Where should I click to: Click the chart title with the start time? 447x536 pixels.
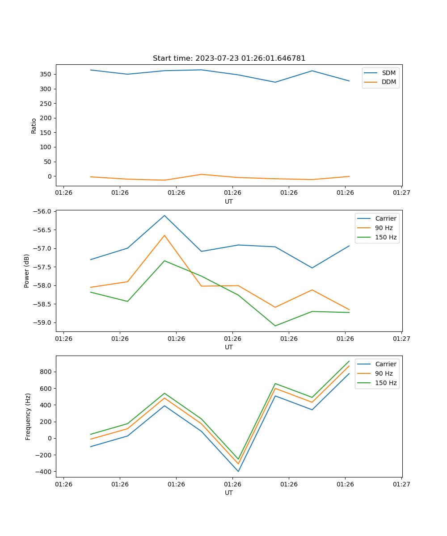click(229, 59)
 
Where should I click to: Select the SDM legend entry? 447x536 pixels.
click(388, 73)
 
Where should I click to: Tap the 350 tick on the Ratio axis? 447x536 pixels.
click(46, 74)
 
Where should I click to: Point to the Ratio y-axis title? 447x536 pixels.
click(34, 126)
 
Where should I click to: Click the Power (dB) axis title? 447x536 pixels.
click(27, 271)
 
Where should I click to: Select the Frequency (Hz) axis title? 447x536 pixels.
click(28, 416)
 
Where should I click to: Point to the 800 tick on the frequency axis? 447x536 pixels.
click(46, 372)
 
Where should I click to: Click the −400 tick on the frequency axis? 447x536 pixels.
click(44, 472)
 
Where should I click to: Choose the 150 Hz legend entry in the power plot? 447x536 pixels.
click(386, 238)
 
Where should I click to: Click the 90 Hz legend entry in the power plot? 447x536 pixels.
click(384, 228)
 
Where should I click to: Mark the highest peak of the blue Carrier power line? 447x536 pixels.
click(164, 215)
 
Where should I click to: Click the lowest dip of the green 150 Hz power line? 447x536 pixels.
click(275, 326)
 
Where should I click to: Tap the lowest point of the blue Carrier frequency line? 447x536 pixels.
click(238, 471)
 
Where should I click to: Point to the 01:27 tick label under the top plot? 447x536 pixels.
click(401, 193)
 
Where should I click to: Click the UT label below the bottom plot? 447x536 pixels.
click(229, 493)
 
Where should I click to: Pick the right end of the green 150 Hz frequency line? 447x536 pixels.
click(349, 361)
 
